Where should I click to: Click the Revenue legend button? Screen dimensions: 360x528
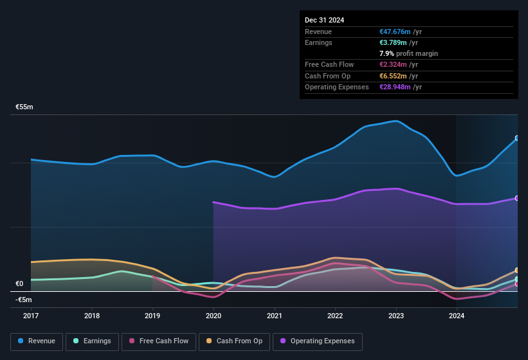click(37, 341)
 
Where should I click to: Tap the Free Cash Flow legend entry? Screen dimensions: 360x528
click(159, 341)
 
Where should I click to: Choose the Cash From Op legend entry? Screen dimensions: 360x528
click(233, 341)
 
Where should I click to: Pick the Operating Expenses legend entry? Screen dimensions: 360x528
click(317, 341)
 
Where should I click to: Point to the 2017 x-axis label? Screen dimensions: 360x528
click(31, 316)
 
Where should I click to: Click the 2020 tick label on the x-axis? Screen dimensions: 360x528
click(214, 316)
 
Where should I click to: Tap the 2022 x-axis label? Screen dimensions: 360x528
click(335, 316)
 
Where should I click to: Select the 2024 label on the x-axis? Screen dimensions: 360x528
click(457, 316)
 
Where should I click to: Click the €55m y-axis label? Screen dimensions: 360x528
click(24, 107)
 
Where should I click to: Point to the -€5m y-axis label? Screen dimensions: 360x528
click(24, 300)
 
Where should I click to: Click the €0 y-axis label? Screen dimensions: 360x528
click(19, 283)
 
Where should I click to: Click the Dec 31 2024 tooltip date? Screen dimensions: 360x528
click(324, 20)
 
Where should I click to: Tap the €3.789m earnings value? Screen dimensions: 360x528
click(394, 42)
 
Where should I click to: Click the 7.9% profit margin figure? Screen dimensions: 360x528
click(387, 53)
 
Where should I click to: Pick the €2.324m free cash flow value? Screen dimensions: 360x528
click(394, 64)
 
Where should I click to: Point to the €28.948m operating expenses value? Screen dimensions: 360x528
click(396, 87)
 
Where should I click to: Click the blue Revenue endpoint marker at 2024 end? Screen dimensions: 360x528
click(516, 138)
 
